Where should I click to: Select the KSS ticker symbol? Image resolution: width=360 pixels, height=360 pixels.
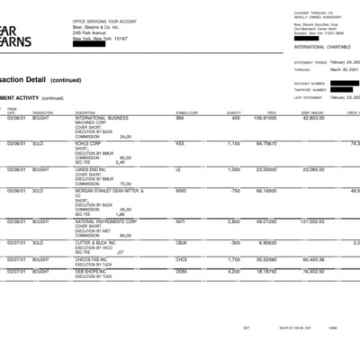(180, 142)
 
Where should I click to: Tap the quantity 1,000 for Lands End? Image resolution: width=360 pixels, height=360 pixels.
(233, 168)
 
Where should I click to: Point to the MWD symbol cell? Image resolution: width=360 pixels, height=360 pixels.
(181, 191)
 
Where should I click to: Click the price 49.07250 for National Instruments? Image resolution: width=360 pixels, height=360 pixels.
(265, 220)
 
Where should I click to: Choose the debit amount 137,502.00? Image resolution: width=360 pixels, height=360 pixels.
(311, 220)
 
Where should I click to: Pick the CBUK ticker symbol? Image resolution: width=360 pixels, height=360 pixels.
(182, 242)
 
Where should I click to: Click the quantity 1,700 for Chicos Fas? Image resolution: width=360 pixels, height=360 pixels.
(233, 259)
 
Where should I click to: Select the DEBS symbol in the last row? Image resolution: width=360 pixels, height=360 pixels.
(182, 270)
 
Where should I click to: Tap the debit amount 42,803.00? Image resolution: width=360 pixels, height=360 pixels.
(313, 118)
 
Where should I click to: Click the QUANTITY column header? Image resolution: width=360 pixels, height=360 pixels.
(234, 112)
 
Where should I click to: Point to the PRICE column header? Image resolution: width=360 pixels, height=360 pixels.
(271, 112)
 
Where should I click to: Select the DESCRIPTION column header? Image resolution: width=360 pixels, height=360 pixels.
(85, 112)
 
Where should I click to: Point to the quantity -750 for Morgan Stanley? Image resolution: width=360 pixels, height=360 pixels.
(234, 191)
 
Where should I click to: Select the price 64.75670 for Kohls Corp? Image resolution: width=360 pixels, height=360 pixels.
(265, 142)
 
